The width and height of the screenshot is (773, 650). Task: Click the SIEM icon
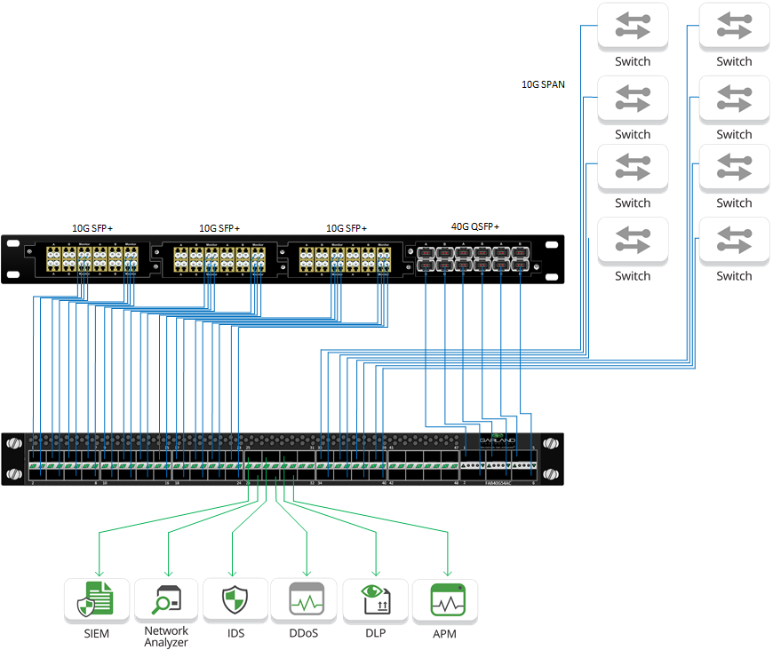point(97,601)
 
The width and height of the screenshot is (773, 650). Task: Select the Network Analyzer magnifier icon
point(166,601)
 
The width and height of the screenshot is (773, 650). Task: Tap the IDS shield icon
point(235,601)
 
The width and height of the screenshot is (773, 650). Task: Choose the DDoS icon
point(307,601)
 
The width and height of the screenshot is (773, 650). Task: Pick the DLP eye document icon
point(375,601)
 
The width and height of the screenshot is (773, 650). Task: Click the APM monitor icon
point(447,601)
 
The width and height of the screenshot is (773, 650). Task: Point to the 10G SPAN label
point(543,85)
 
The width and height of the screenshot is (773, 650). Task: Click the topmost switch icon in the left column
point(632,27)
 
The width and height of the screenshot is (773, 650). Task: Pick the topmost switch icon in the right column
point(733,27)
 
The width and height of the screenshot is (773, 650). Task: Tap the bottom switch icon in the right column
point(733,241)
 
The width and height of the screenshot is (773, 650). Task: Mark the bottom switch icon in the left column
point(632,241)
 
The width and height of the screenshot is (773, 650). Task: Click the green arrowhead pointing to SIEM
point(98,571)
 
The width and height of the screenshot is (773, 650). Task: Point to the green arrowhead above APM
point(447,571)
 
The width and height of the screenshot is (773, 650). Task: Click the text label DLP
point(375,633)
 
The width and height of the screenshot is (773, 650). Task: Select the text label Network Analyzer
point(166,637)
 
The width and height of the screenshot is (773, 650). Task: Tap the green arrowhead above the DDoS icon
point(307,571)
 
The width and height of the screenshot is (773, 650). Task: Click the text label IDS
point(235,633)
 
